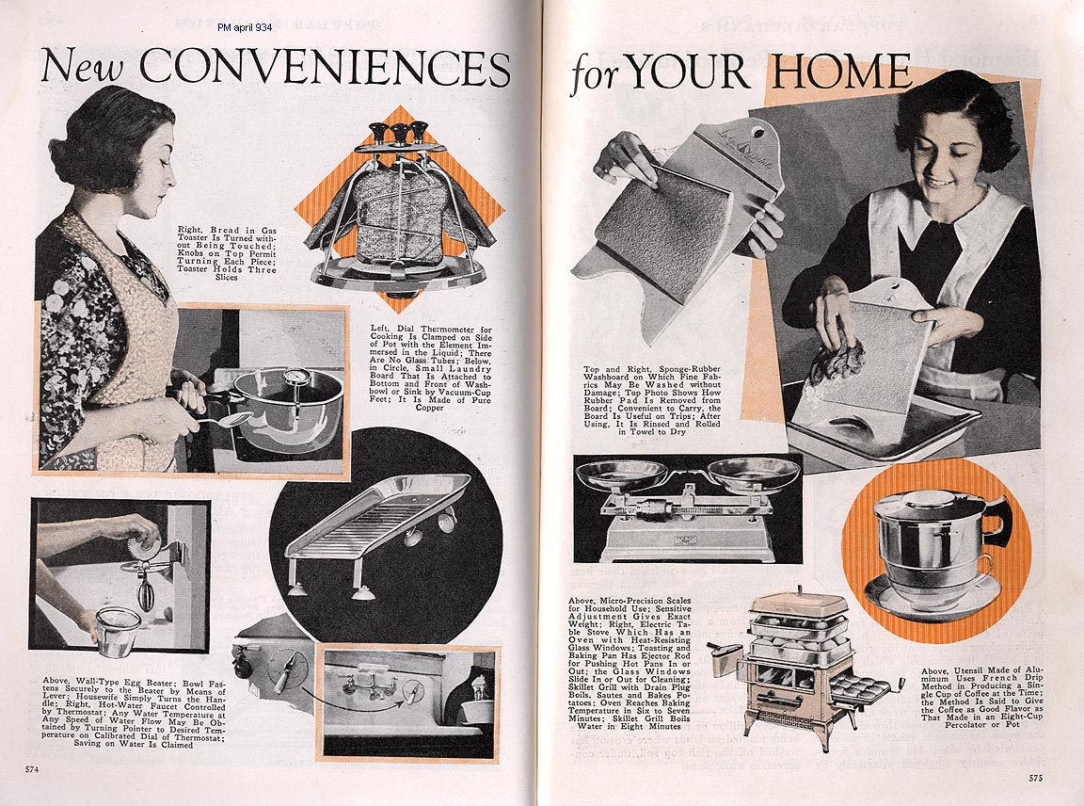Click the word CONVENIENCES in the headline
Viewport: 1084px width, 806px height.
325,68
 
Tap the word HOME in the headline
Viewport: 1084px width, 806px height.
841,71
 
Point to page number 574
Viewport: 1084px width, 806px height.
32,769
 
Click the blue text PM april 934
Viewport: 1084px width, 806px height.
245,27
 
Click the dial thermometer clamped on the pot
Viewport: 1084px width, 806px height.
295,379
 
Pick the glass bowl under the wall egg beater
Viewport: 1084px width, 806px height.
116,631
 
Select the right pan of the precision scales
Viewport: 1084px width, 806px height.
754,474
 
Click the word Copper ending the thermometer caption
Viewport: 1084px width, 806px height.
430,409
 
